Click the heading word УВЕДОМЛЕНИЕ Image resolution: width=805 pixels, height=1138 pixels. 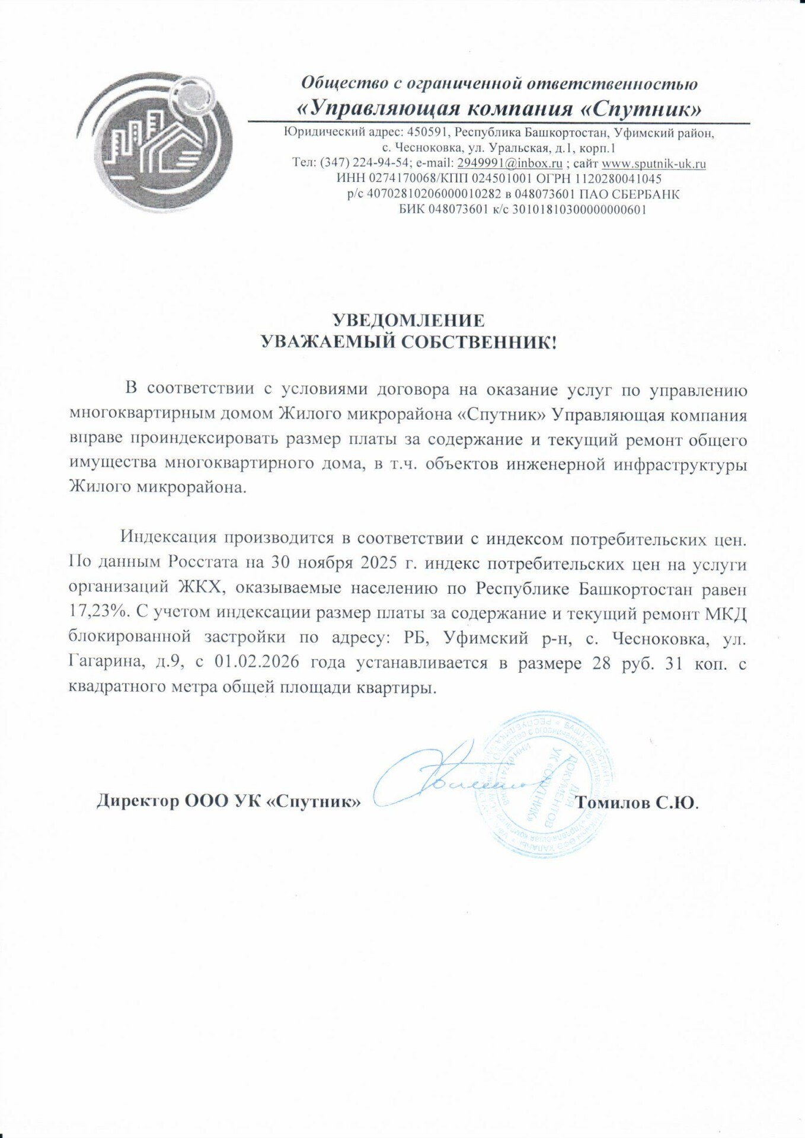tap(408, 321)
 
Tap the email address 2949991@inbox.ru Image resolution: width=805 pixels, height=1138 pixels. tap(510, 163)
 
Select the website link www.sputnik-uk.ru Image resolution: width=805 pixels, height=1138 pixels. tap(653, 163)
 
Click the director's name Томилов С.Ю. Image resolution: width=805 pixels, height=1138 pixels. tap(637, 803)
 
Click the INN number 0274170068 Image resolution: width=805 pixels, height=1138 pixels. tap(402, 178)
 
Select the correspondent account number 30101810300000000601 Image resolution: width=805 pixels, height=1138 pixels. tap(579, 209)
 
